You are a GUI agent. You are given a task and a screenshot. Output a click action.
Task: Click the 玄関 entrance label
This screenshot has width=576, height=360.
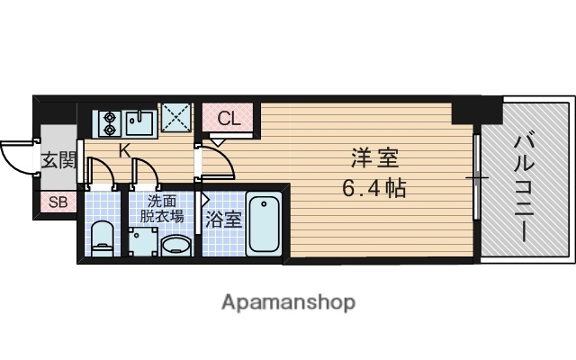click(57, 162)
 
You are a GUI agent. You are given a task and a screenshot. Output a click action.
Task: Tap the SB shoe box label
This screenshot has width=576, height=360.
click(57, 202)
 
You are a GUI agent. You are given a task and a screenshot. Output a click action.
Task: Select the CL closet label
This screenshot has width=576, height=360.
click(229, 118)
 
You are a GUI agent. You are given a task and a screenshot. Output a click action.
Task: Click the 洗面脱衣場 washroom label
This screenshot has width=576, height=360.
click(162, 209)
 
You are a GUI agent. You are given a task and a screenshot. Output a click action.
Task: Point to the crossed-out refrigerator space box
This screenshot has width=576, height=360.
click(176, 118)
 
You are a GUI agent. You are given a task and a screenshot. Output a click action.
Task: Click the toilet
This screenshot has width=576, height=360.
click(103, 238)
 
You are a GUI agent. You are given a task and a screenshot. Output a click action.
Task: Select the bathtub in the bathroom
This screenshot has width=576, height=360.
click(265, 222)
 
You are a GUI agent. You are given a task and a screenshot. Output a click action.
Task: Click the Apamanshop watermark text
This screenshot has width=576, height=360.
click(288, 301)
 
